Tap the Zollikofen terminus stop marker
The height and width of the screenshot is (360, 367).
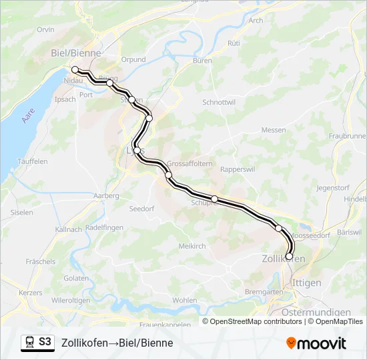pos(289,256)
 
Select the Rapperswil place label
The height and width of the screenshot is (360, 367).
pos(238,169)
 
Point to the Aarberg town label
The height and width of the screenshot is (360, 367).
pos(107,196)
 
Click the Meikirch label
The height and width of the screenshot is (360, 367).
pos(192,246)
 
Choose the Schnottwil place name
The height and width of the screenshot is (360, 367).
pos(219,102)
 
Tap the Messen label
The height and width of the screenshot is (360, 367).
pos(274,130)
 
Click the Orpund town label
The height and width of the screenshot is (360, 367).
pos(133,59)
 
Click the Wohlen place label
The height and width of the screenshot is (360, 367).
pos(185,300)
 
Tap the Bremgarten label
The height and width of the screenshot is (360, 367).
pos(264,292)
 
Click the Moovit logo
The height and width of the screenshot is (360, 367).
pos(316,343)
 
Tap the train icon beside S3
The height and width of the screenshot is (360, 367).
pos(29,342)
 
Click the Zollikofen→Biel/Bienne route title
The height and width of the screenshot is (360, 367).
pos(117,343)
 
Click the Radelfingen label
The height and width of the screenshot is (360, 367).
pos(105,227)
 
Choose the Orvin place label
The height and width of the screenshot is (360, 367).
pos(46,30)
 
